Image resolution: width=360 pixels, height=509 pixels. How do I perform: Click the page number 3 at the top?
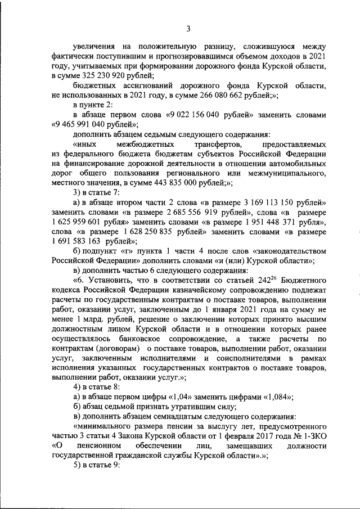pos(189,29)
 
